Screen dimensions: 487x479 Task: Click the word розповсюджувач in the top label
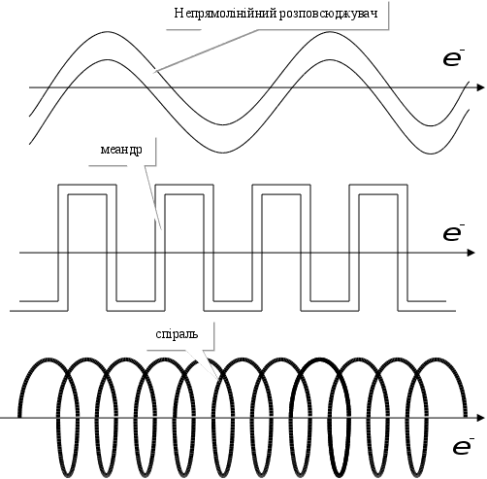click(x=328, y=15)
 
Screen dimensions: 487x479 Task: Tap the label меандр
click(x=121, y=150)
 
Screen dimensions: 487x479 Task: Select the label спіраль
click(x=177, y=333)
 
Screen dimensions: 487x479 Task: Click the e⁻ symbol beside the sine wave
click(x=453, y=59)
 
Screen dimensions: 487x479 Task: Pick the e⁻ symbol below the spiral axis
click(x=463, y=446)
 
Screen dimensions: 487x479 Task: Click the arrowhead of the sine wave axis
click(x=481, y=87)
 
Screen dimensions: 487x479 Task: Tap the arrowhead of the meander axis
click(x=471, y=253)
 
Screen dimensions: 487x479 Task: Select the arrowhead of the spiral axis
click(x=481, y=418)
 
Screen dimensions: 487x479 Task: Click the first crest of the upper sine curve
click(x=107, y=32)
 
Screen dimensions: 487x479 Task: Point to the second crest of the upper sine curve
click(x=330, y=32)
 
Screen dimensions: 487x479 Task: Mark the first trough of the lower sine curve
click(x=224, y=153)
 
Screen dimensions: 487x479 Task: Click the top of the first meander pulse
click(x=86, y=185)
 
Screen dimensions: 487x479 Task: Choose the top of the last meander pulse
click(x=378, y=185)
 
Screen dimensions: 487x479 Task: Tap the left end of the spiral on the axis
click(x=19, y=417)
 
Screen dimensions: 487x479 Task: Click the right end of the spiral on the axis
click(x=466, y=417)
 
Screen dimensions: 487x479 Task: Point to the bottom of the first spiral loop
click(x=68, y=474)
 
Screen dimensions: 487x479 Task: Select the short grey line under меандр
click(x=108, y=166)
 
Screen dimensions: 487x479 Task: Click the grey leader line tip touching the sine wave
click(x=155, y=70)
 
